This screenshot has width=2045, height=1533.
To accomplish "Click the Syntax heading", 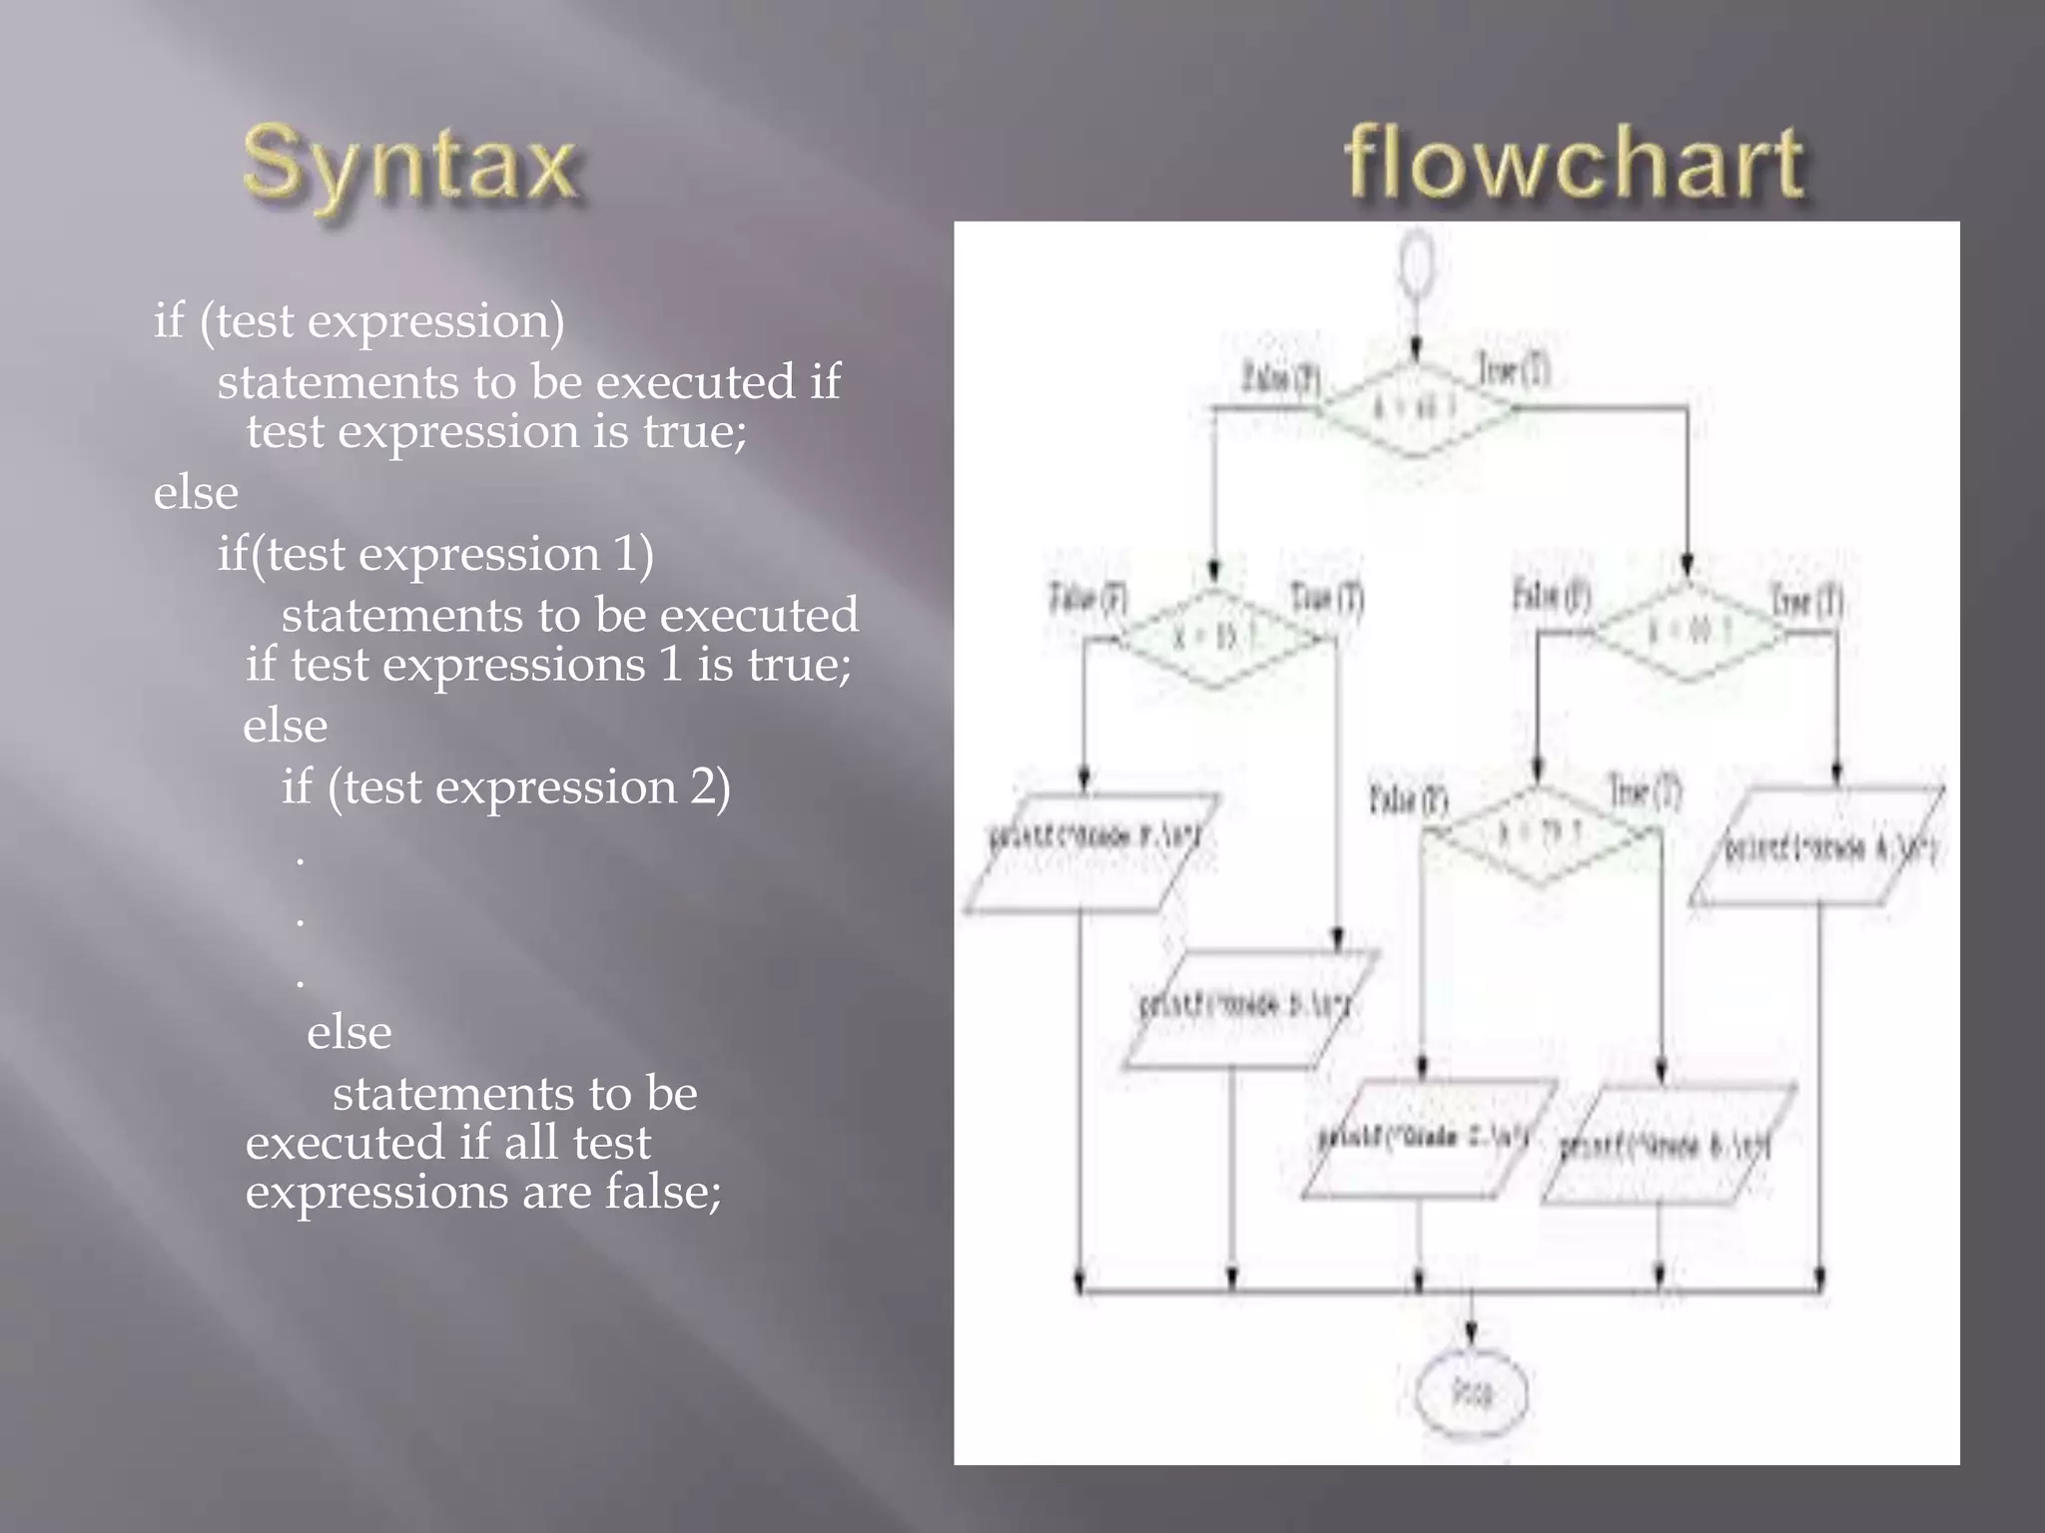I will pos(409,165).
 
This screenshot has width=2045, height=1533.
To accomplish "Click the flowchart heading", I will pos(1575,165).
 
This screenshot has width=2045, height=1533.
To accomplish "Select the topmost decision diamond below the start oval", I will pos(1416,408).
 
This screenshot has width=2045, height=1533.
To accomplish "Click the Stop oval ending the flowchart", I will pos(1471,1392).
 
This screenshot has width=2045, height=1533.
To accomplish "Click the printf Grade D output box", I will pos(1248,1008).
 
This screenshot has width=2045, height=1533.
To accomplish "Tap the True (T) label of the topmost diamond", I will pos(1514,371).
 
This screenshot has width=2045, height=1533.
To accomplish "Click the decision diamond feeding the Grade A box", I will pos(1688,631).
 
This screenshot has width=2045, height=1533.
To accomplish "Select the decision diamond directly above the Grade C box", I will pos(1541,834).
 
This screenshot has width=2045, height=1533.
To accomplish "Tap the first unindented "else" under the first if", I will pos(196,493).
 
